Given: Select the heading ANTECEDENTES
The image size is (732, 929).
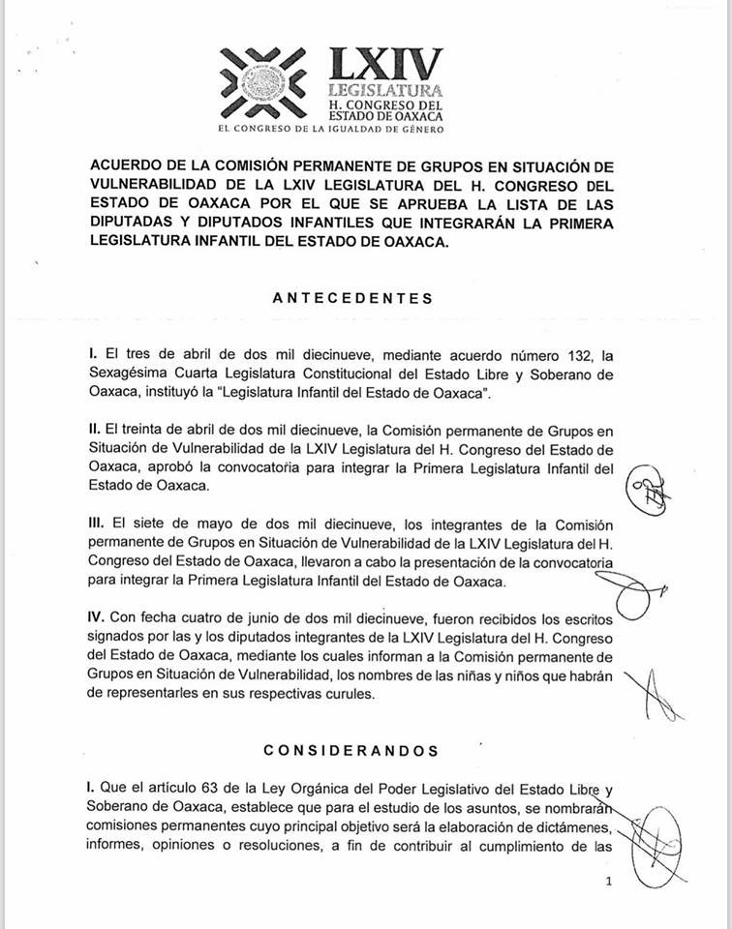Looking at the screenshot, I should [352, 298].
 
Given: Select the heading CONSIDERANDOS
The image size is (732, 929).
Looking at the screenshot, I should [351, 750].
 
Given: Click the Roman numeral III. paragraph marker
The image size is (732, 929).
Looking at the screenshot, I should [96, 522].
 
